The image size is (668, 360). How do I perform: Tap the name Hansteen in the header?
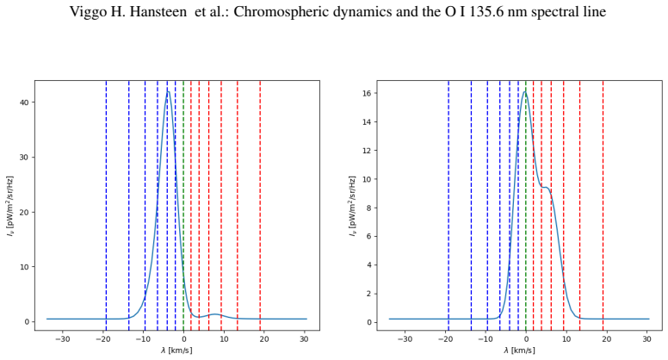(158, 11)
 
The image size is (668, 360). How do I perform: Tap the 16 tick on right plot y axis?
(367, 93)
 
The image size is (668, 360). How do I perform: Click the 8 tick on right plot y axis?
(369, 208)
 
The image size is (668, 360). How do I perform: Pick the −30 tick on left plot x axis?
(63, 339)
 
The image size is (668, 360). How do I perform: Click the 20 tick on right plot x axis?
(606, 339)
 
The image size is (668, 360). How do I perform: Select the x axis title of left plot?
(176, 351)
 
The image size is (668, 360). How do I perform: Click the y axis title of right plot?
(353, 205)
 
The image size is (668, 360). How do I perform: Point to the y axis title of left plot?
(10, 205)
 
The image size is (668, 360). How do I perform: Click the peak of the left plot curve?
(168, 91)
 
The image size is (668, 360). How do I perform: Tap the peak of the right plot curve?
(525, 92)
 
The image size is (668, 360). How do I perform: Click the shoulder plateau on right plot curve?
(545, 187)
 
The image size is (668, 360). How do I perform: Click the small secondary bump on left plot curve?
(215, 314)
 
